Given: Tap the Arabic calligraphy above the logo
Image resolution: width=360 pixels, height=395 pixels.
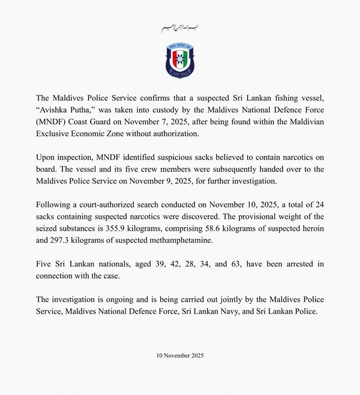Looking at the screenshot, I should point(180,28).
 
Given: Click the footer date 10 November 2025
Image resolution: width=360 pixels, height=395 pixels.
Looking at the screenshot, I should point(180,355).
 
